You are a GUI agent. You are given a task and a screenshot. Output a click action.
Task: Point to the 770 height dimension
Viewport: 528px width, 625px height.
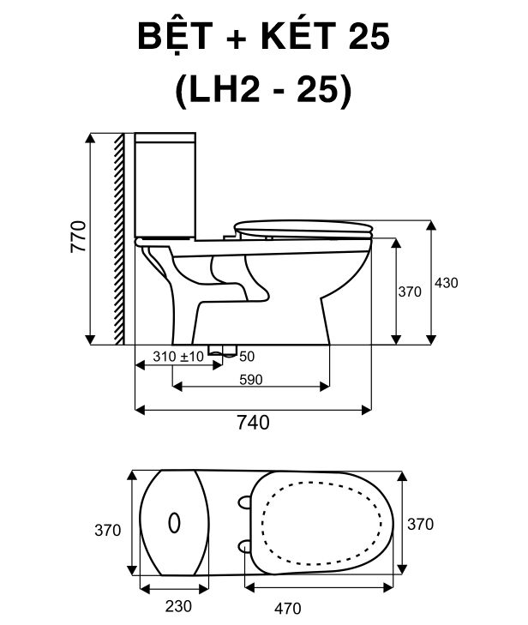click(78, 236)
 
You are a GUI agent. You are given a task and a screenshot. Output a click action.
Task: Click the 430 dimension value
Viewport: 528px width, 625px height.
click(446, 283)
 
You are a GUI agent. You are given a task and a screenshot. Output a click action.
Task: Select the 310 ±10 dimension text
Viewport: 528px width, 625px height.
click(178, 357)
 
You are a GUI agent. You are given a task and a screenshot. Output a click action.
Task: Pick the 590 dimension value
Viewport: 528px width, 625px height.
click(250, 380)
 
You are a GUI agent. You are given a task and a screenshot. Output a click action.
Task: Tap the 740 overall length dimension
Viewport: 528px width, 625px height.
click(253, 423)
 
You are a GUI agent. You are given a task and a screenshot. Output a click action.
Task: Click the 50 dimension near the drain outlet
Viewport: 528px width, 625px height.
click(247, 357)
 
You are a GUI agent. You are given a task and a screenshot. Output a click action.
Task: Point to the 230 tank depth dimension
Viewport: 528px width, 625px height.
click(178, 606)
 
